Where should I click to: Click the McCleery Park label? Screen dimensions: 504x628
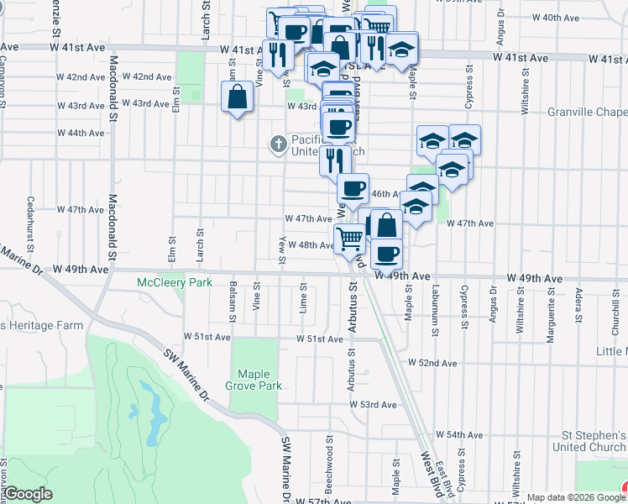pyautogui.click(x=175, y=283)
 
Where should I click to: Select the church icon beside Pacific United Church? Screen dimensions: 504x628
pyautogui.click(x=279, y=144)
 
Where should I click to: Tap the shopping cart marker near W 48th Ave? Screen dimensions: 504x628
pyautogui.click(x=349, y=239)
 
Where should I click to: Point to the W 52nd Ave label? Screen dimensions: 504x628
pyautogui.click(x=432, y=363)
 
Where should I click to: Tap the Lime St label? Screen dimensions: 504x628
pyautogui.click(x=301, y=300)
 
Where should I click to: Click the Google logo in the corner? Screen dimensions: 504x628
pyautogui.click(x=29, y=494)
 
